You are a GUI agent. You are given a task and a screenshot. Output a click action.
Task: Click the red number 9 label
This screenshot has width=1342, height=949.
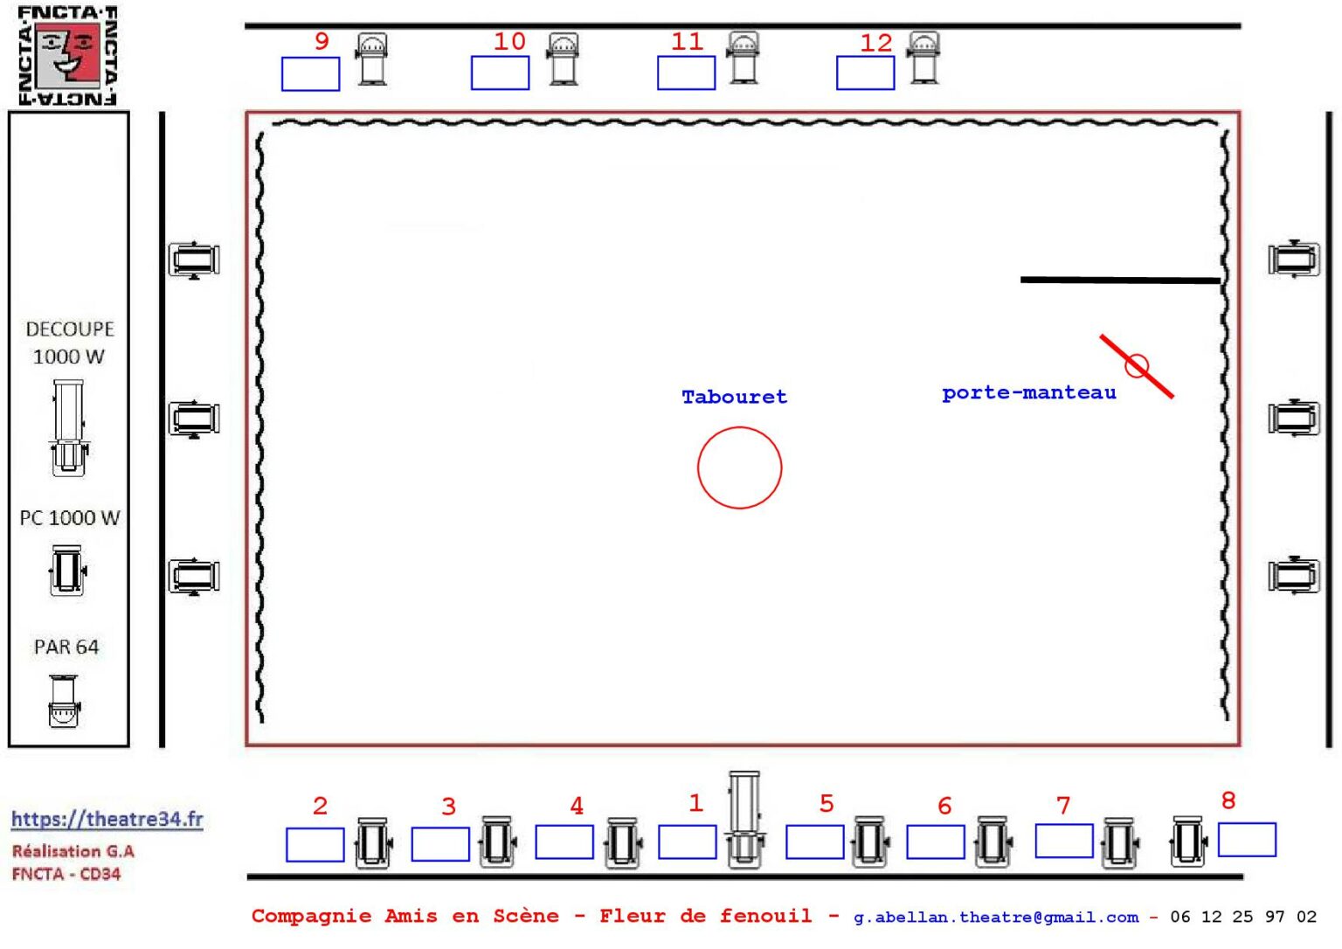coord(322,41)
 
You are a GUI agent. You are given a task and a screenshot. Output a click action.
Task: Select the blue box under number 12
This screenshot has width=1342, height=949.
coord(865,73)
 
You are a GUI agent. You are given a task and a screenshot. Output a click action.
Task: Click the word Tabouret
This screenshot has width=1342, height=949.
coord(735,397)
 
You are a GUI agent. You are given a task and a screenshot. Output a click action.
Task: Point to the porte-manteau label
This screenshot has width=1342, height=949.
coord(1029,393)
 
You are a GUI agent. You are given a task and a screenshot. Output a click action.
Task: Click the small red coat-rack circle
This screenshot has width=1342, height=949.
coord(1137,366)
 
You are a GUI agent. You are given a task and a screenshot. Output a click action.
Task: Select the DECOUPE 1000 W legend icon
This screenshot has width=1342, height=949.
coord(69,428)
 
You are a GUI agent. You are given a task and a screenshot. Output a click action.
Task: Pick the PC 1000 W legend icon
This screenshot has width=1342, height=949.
coord(67,571)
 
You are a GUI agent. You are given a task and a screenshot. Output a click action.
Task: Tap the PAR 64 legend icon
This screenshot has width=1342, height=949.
coord(64,701)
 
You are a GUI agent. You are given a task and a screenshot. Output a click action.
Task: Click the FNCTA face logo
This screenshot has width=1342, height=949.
coord(67,55)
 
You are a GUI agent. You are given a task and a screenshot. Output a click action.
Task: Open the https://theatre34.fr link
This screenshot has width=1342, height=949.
coord(107,819)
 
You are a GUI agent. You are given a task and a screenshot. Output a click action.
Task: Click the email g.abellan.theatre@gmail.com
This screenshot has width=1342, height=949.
coord(996,918)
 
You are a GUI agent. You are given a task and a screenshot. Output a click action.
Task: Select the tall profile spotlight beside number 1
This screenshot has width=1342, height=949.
coord(744,819)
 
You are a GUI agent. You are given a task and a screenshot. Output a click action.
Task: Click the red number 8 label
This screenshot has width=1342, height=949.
coord(1228,800)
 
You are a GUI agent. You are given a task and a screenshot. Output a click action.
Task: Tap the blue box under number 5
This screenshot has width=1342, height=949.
coord(815,842)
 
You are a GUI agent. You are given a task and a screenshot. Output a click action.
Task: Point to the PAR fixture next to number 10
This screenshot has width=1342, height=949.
coord(563,59)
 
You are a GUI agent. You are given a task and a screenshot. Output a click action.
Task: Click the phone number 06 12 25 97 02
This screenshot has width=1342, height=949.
coord(1243,917)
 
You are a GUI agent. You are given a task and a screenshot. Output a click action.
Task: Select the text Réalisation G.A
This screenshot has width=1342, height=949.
coord(73,851)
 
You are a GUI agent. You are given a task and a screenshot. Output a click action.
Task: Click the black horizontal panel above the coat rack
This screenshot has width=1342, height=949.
coord(1120,280)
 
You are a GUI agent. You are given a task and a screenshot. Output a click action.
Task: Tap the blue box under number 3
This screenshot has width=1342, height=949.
coord(439,844)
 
